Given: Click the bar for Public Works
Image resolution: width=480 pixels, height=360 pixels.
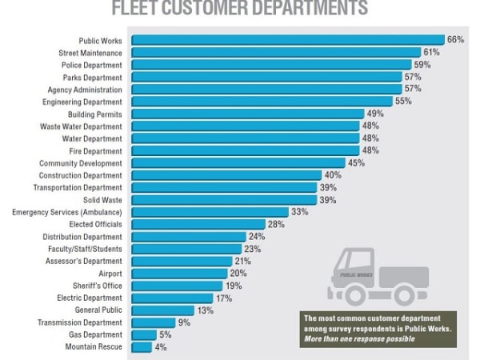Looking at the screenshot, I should coord(288,40).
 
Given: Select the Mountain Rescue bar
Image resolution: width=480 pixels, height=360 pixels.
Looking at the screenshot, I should coord(142,347).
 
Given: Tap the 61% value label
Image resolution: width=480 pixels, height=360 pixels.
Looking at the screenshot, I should coord(433,52).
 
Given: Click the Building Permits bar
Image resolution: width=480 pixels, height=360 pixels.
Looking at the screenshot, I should coord(248,114).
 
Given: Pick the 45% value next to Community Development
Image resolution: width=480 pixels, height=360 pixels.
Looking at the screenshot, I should coord(356,163).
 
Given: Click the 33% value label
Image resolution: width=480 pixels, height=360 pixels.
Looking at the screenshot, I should coord(299,212).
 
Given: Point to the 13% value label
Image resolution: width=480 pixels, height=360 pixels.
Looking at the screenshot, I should coord(204,310).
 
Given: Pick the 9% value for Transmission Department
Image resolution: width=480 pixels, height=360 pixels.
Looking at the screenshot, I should coord(183,322).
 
